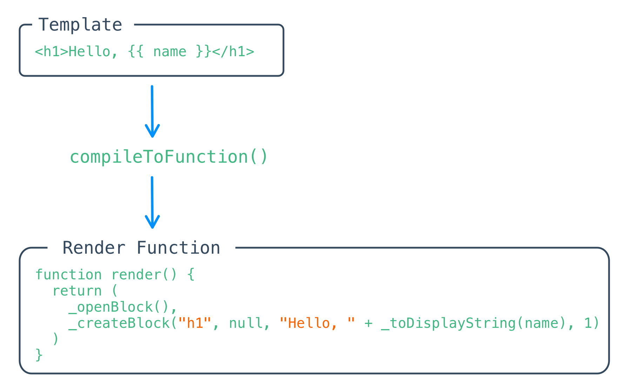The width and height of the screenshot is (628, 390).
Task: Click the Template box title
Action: point(80,25)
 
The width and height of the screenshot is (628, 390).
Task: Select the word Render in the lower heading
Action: point(94,248)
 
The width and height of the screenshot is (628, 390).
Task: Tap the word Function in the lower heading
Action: point(178,248)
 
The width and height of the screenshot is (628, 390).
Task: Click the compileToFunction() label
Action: point(168,157)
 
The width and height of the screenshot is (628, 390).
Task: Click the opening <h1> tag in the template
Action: point(52,52)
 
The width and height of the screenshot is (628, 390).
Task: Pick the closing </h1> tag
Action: point(233,52)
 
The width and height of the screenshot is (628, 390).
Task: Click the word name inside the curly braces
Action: point(170,52)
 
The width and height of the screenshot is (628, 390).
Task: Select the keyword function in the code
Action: point(68,274)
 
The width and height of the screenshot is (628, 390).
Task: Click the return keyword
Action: point(77,291)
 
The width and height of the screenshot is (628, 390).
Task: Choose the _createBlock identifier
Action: point(119,323)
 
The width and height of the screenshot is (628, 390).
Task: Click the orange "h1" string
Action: point(195,323)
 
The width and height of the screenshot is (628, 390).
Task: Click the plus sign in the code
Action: point(368,323)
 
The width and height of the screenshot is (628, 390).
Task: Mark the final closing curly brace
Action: point(39,355)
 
